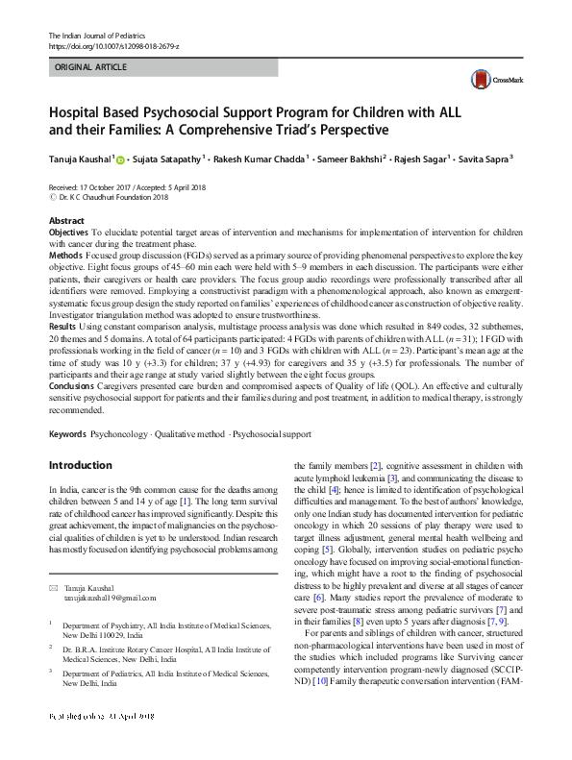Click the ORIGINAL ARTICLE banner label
click(x=89, y=68)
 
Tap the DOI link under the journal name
click(x=113, y=46)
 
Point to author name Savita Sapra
click(x=485, y=158)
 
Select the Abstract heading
click(x=66, y=221)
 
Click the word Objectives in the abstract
click(x=68, y=233)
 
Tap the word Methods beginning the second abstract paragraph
click(x=64, y=256)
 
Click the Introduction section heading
click(x=80, y=466)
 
